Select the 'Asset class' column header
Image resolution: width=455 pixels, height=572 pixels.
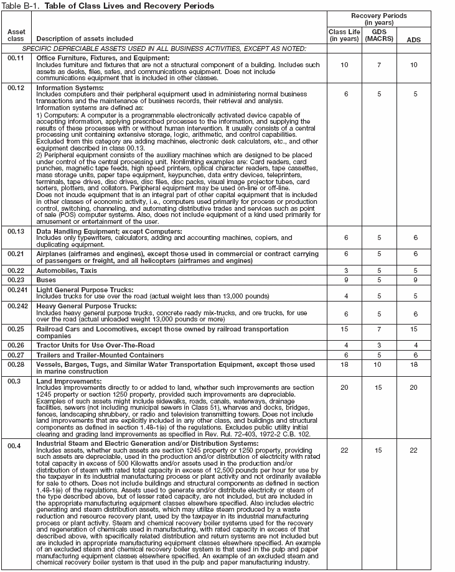point(16,35)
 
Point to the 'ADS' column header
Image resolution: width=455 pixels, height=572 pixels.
point(413,39)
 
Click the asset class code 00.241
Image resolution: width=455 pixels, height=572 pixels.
point(18,290)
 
